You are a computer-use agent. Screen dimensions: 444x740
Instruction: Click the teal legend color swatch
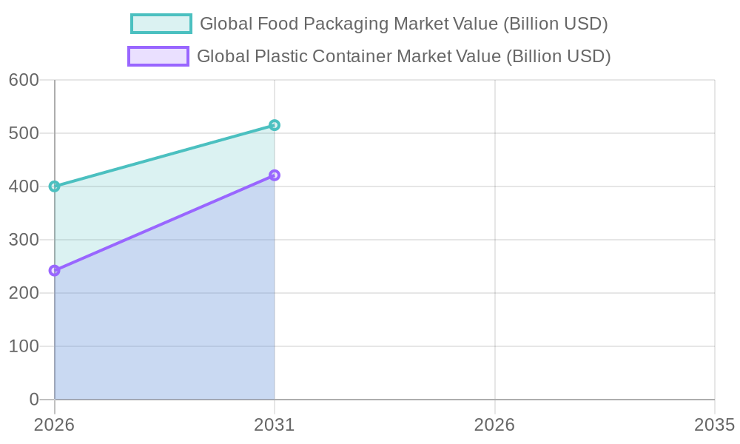click(x=161, y=24)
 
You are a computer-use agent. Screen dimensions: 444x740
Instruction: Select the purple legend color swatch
click(x=158, y=56)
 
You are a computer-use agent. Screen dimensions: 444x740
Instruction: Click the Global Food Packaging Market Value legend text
click(x=404, y=24)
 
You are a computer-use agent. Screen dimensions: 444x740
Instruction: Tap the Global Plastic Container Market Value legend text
click(x=404, y=56)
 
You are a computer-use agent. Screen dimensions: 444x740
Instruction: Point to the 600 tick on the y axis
click(x=24, y=80)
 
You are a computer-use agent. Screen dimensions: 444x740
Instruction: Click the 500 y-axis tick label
click(x=24, y=133)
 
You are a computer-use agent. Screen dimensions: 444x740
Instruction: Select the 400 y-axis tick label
click(x=24, y=186)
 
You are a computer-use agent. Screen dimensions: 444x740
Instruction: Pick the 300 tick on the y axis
click(x=24, y=240)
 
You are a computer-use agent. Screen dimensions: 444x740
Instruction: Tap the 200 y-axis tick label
click(x=24, y=293)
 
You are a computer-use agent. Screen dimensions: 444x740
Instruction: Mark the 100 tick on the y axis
click(x=24, y=346)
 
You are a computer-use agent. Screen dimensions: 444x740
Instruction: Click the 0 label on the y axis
click(x=34, y=400)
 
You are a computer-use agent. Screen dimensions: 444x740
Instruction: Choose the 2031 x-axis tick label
click(x=275, y=425)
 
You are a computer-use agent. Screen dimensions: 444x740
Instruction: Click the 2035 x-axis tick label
click(x=714, y=425)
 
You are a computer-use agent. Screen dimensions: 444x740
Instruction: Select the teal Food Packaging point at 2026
click(x=54, y=186)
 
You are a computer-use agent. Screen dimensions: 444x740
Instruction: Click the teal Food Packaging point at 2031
click(x=275, y=125)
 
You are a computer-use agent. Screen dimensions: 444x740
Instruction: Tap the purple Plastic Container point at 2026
click(x=54, y=271)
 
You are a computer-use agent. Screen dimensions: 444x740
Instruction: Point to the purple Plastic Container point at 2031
click(x=275, y=175)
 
